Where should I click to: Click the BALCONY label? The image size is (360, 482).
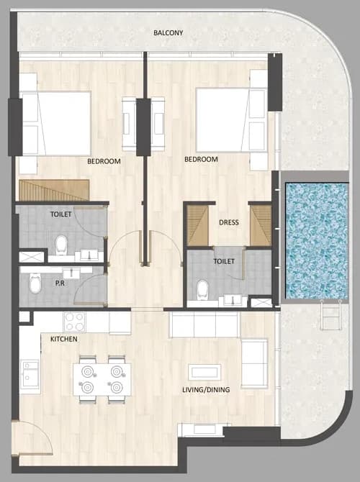168,32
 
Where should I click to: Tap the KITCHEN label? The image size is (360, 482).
63,339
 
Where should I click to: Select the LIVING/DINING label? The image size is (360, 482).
206,390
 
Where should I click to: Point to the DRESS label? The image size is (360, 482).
229,222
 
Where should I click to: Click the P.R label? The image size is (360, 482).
60,283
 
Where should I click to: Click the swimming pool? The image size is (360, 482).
317,240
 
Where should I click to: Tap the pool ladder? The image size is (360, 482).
330,314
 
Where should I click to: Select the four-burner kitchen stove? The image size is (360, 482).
74,322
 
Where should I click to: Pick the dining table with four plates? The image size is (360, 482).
102,380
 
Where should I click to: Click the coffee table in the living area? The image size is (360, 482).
204,373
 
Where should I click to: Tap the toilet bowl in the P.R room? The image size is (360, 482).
35,283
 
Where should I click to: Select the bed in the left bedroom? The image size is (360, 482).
55,123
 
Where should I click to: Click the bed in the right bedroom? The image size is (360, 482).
231,120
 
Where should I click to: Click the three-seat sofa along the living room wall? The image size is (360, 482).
204,325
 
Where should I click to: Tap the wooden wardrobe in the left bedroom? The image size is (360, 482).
54,190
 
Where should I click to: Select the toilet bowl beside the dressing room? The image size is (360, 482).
202,290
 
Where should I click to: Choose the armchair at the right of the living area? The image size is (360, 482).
254,364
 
